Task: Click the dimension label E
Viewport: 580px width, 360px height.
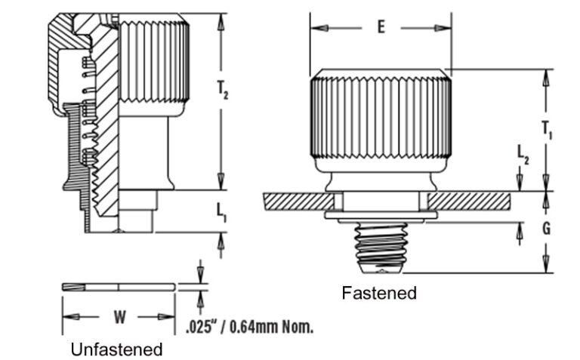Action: (x=381, y=28)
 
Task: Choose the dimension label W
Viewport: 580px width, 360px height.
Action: (x=119, y=317)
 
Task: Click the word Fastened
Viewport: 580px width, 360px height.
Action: (x=378, y=293)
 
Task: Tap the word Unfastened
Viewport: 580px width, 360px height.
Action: (x=116, y=349)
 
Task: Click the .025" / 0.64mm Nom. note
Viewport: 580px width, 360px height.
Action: (x=248, y=327)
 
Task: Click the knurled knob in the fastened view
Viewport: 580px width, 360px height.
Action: (x=381, y=117)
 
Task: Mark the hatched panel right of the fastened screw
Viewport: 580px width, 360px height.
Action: (x=468, y=202)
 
